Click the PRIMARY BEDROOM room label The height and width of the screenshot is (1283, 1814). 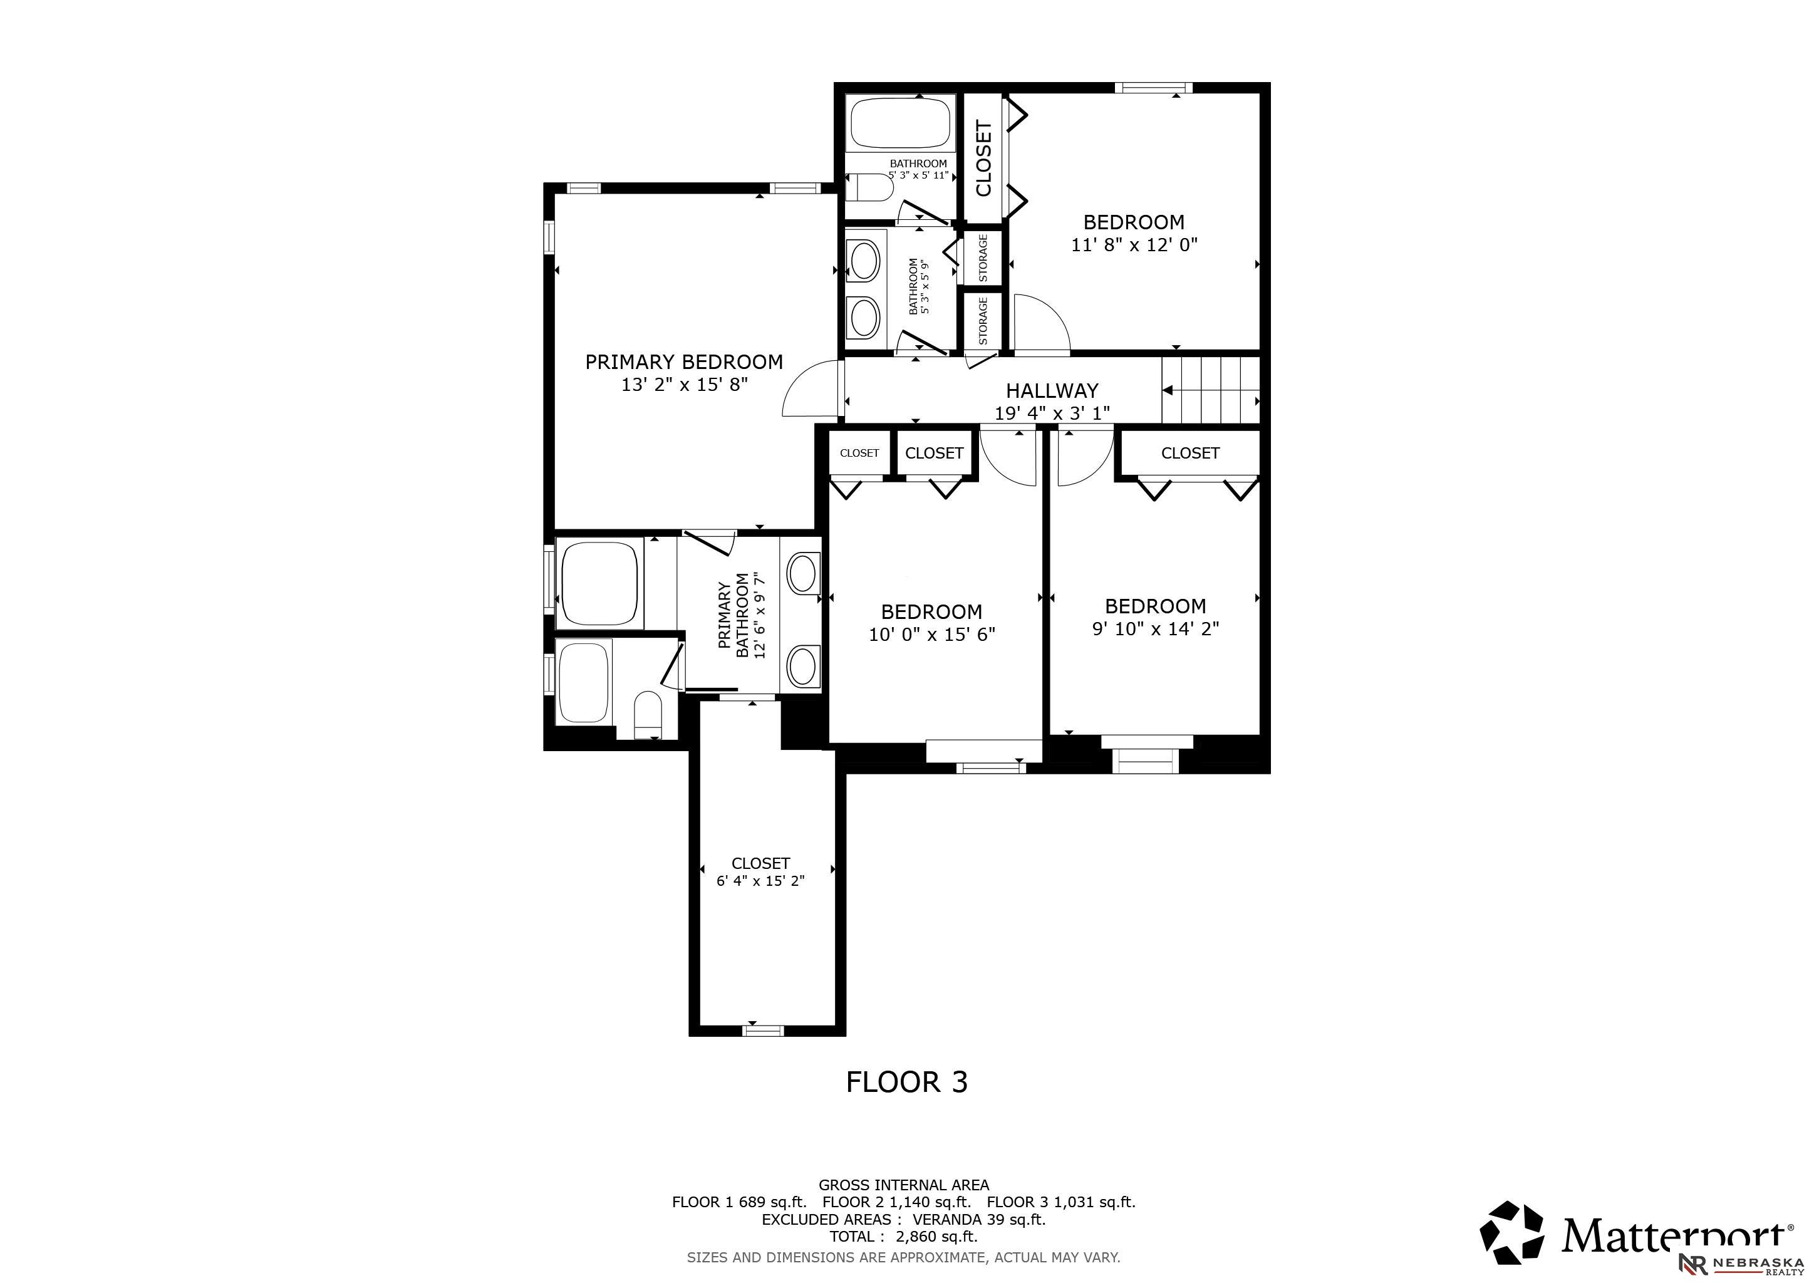(x=683, y=362)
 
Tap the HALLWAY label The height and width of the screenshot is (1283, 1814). (x=1052, y=390)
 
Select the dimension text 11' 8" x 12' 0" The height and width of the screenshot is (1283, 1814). (x=1134, y=245)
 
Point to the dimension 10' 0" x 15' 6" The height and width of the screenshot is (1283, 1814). (x=931, y=635)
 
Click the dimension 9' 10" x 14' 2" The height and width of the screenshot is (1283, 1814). (x=1155, y=629)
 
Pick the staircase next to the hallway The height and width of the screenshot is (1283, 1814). (x=1210, y=390)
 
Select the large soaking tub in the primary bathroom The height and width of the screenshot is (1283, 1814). (x=598, y=583)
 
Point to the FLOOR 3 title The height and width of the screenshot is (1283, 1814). (x=906, y=1081)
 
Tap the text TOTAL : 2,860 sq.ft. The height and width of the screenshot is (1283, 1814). (x=903, y=1237)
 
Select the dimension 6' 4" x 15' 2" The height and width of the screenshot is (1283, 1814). (x=760, y=881)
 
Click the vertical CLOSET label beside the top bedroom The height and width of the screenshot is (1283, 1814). (x=983, y=158)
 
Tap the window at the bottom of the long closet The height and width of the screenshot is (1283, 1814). (x=763, y=1029)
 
